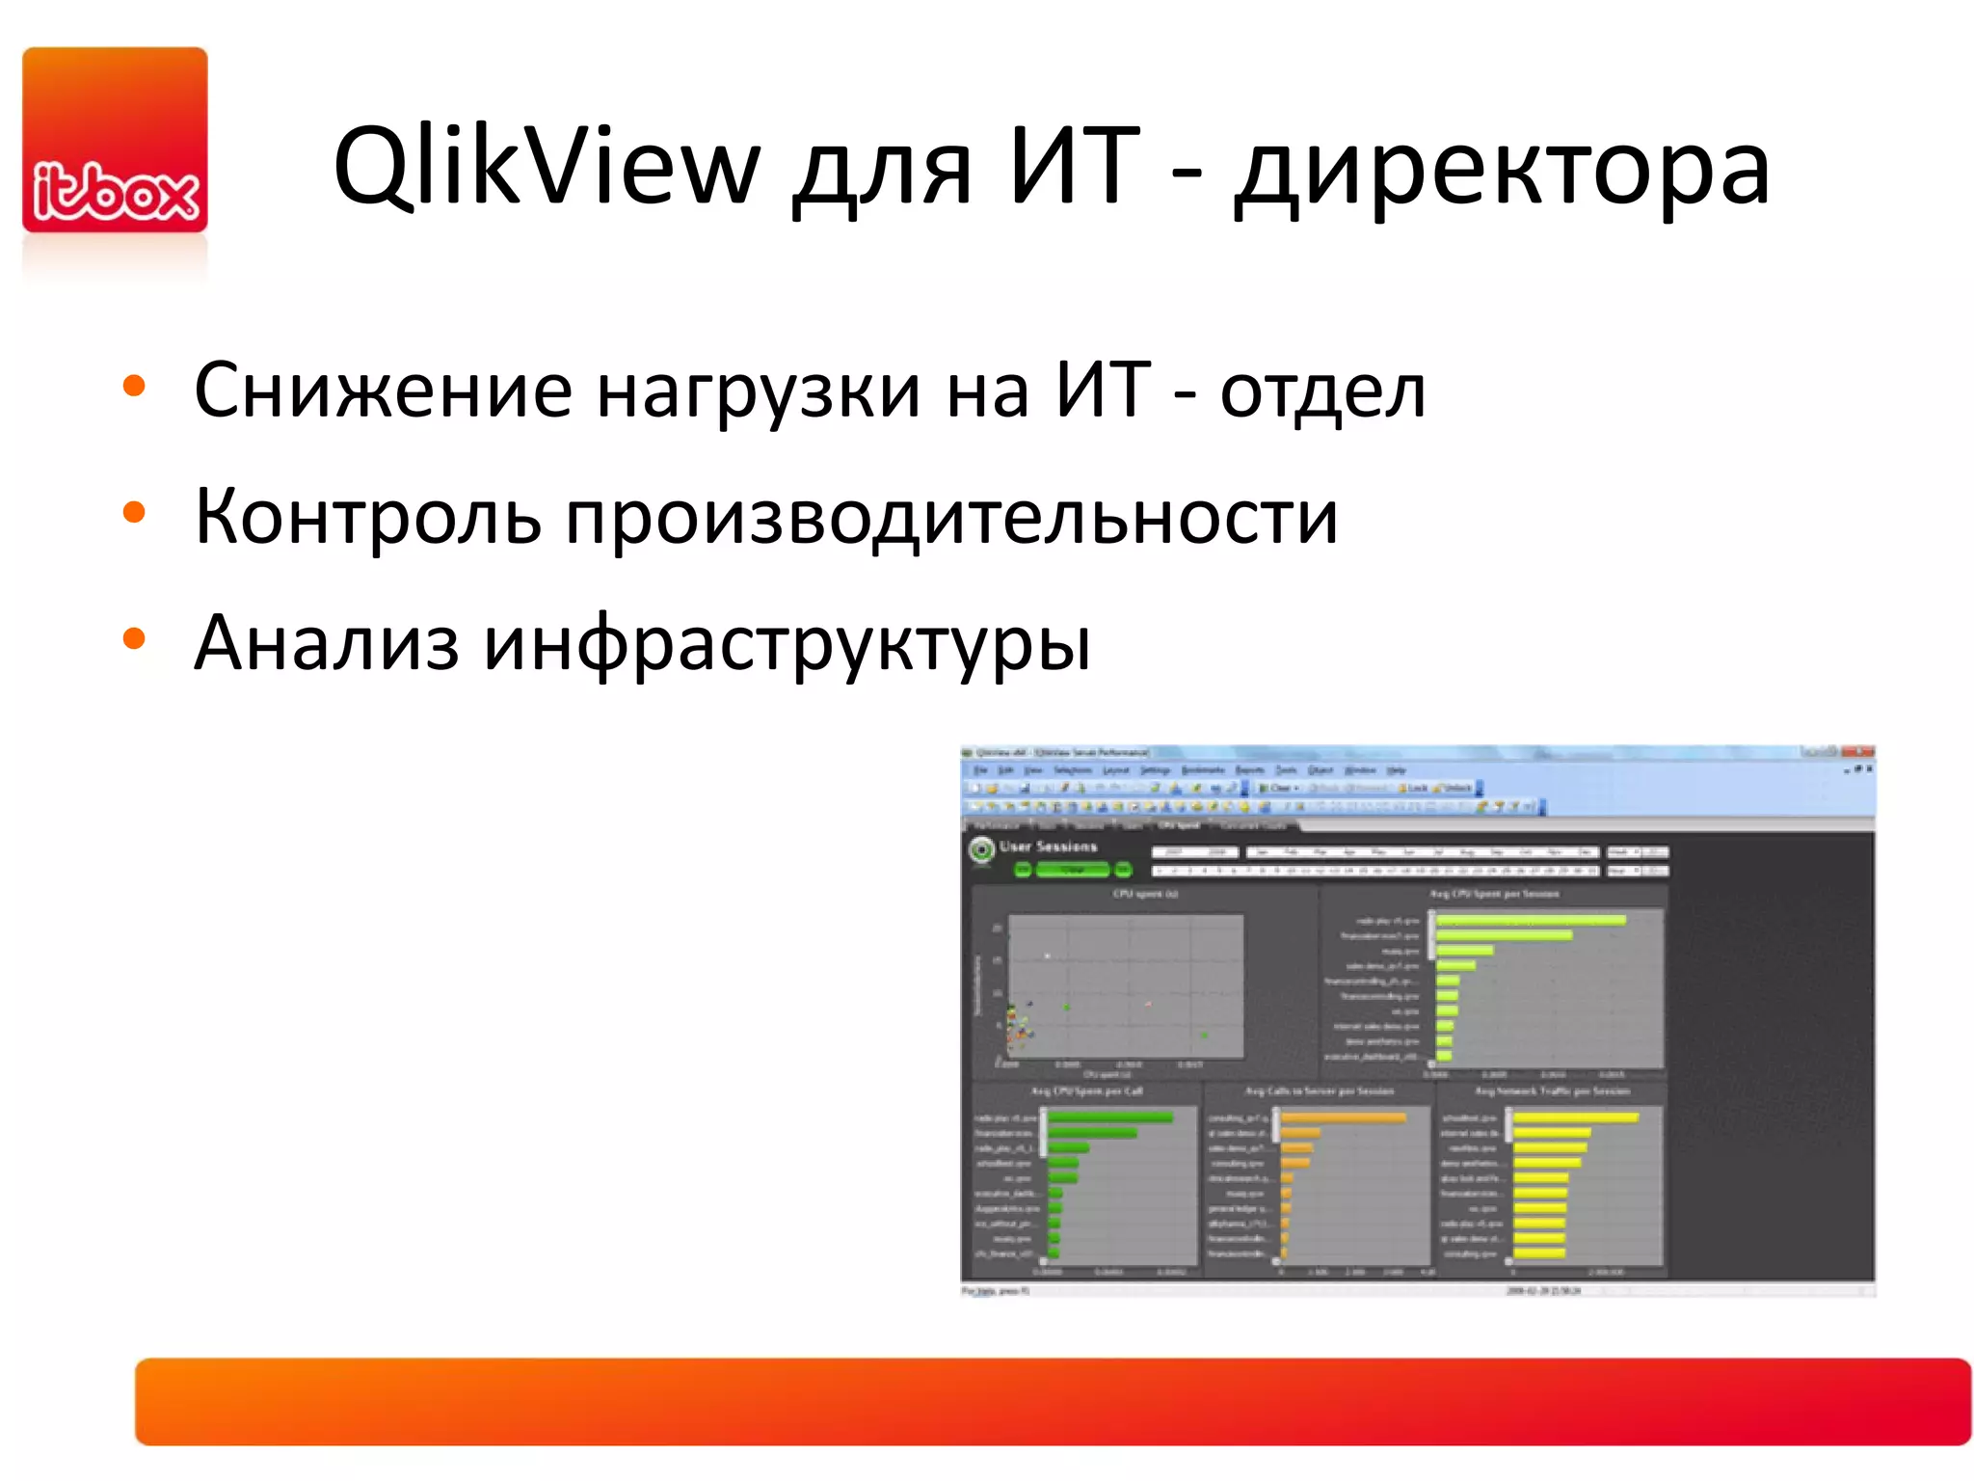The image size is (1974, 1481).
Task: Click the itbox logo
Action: (115, 141)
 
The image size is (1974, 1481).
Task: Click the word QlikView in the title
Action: (547, 168)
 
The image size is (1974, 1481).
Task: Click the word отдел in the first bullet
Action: (1322, 390)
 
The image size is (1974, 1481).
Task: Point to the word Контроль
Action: (367, 517)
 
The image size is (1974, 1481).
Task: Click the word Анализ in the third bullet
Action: (326, 643)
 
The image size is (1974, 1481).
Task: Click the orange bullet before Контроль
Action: (134, 512)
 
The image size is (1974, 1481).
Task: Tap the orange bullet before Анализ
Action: (134, 638)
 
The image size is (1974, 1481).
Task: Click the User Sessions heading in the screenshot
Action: (1048, 847)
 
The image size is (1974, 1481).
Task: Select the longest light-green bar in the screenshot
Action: (1530, 920)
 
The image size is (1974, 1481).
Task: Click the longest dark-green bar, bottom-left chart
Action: (1109, 1117)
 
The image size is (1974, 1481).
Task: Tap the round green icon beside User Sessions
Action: (981, 850)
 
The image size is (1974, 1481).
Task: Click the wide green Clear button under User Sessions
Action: (1073, 870)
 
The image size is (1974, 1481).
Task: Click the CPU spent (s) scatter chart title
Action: (1145, 894)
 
